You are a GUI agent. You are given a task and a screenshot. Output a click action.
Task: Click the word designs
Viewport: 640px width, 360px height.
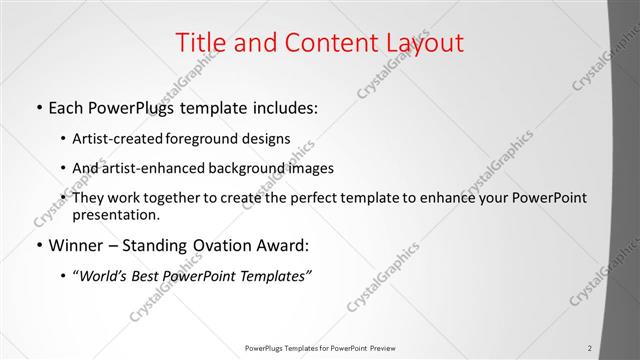pyautogui.click(x=266, y=138)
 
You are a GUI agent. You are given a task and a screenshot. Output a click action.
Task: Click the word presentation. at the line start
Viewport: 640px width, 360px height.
pyautogui.click(x=116, y=215)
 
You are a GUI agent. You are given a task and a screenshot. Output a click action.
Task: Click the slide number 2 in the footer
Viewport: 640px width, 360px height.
pyautogui.click(x=590, y=348)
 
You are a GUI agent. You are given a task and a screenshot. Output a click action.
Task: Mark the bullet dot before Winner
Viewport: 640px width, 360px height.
pyautogui.click(x=38, y=245)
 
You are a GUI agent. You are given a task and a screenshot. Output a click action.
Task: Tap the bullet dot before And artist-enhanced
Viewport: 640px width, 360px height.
pyautogui.click(x=64, y=168)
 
